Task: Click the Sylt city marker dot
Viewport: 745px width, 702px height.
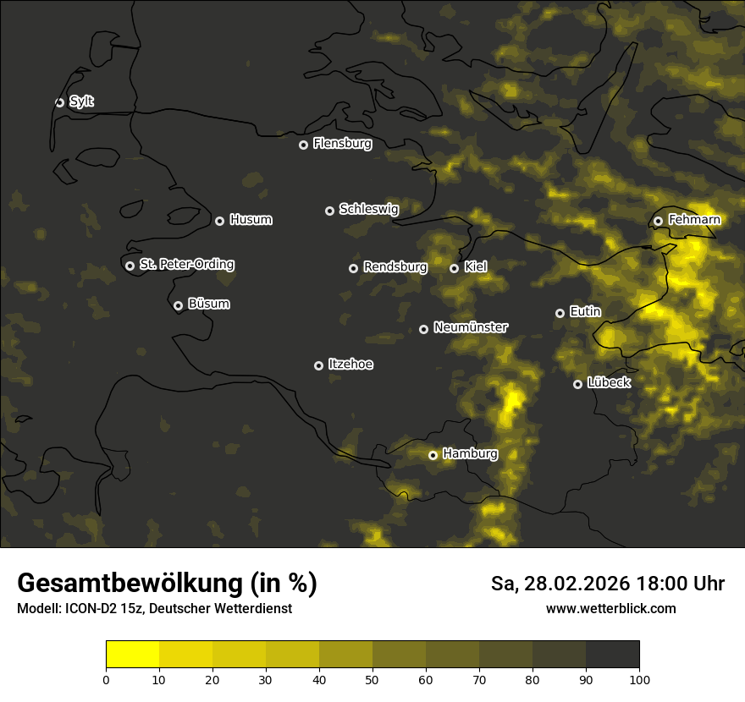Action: tap(59, 102)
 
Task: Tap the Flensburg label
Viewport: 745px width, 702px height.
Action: tap(342, 144)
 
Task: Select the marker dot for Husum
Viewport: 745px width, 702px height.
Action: tap(219, 221)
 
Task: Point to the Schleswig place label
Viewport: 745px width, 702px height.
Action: tap(368, 209)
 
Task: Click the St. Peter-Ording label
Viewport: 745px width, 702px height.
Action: tap(186, 265)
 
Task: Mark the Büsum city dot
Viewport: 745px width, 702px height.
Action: tap(178, 306)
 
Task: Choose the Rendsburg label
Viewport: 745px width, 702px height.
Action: tap(395, 267)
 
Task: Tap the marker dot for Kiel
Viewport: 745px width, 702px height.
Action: tap(454, 268)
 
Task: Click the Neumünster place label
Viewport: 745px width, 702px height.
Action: tap(470, 327)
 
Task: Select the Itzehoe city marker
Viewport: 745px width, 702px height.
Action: tap(318, 365)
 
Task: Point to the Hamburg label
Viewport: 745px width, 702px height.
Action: tap(470, 454)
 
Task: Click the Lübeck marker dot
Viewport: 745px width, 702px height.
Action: tap(577, 384)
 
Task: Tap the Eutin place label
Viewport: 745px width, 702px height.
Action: tap(585, 312)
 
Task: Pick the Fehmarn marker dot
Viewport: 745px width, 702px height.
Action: tap(658, 221)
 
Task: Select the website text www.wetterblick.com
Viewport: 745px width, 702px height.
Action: tap(610, 608)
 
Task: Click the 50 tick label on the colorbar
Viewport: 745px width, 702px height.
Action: tap(372, 679)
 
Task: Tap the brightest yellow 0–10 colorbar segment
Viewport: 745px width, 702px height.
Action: tap(132, 654)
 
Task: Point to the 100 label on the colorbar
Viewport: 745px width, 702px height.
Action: tap(639, 679)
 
